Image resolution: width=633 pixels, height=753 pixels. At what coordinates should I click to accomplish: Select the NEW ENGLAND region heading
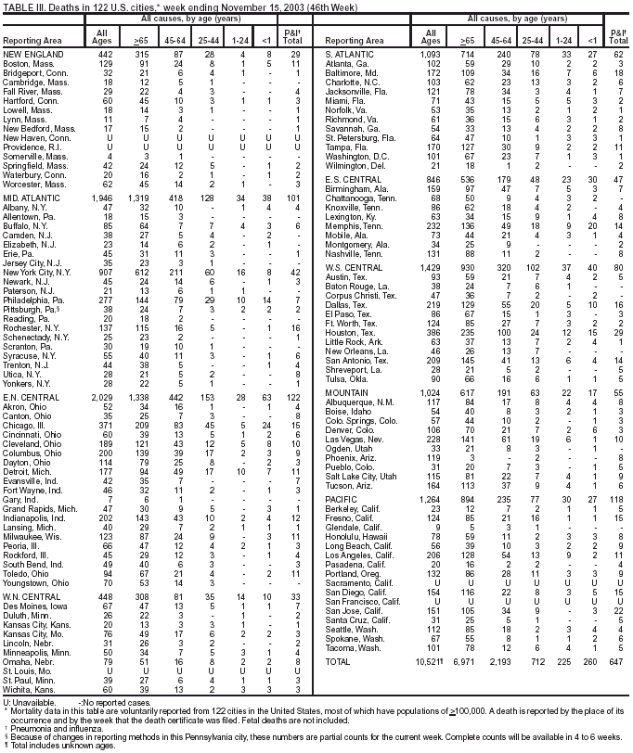pos(32,55)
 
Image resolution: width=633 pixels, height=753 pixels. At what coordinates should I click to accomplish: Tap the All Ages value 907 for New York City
pos(105,272)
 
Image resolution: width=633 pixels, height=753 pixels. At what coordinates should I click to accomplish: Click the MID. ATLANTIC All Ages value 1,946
pos(100,198)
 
